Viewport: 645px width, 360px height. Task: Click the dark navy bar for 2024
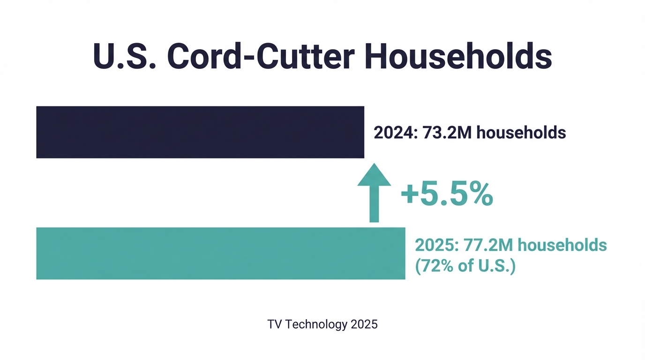point(200,132)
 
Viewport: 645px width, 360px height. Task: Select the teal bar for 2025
point(220,253)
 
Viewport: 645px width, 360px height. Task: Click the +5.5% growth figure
point(447,195)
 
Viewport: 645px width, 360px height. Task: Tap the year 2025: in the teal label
point(437,245)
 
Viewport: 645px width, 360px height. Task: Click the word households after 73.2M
point(521,133)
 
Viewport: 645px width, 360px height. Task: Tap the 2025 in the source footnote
point(364,324)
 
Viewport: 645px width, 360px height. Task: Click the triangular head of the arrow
point(374,176)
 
